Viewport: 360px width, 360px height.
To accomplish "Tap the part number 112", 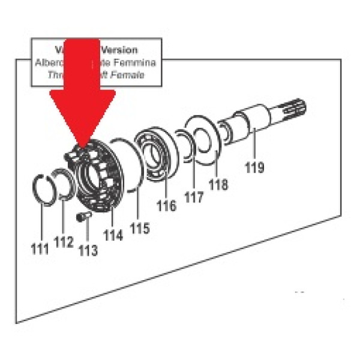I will coord(63,242).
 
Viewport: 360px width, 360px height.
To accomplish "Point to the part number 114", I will coord(113,235).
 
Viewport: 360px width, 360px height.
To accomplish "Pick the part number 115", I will coord(139,228).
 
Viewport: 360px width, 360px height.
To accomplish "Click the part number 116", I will coord(166,206).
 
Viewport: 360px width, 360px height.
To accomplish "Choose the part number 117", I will coord(194,196).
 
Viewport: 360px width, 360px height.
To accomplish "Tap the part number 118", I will coord(219,185).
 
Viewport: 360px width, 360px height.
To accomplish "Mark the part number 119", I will coord(254,167).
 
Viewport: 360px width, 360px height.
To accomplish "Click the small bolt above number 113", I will coord(83,215).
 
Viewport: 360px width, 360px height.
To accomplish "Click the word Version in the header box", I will coord(119,50).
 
